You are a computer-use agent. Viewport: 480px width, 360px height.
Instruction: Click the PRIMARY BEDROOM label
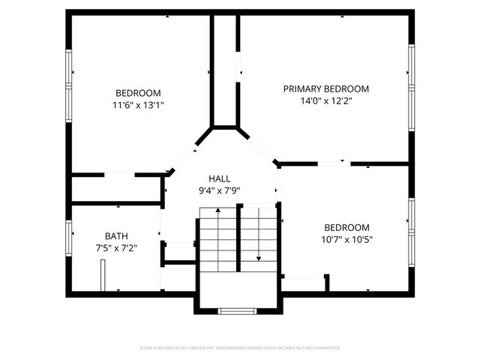pyautogui.click(x=325, y=88)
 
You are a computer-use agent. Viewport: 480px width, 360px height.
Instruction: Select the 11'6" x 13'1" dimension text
pyautogui.click(x=137, y=106)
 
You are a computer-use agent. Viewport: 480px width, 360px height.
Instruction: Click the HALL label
pyautogui.click(x=220, y=178)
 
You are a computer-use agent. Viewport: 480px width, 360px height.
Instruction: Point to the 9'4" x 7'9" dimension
pyautogui.click(x=220, y=190)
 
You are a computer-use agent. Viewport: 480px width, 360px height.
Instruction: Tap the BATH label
pyautogui.click(x=116, y=235)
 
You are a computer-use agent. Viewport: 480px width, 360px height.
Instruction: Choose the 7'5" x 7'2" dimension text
pyautogui.click(x=116, y=247)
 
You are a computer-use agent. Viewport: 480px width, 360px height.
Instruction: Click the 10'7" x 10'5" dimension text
pyautogui.click(x=346, y=240)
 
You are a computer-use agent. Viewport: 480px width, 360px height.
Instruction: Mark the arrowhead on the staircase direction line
pyautogui.click(x=259, y=258)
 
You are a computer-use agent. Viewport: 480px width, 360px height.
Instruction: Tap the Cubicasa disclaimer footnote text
pyautogui.click(x=240, y=348)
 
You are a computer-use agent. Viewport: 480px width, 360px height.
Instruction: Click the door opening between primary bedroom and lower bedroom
pyautogui.click(x=334, y=163)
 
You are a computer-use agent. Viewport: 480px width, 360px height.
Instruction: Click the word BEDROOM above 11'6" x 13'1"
pyautogui.click(x=137, y=93)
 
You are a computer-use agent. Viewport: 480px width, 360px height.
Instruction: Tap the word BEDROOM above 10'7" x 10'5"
pyautogui.click(x=346, y=228)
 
